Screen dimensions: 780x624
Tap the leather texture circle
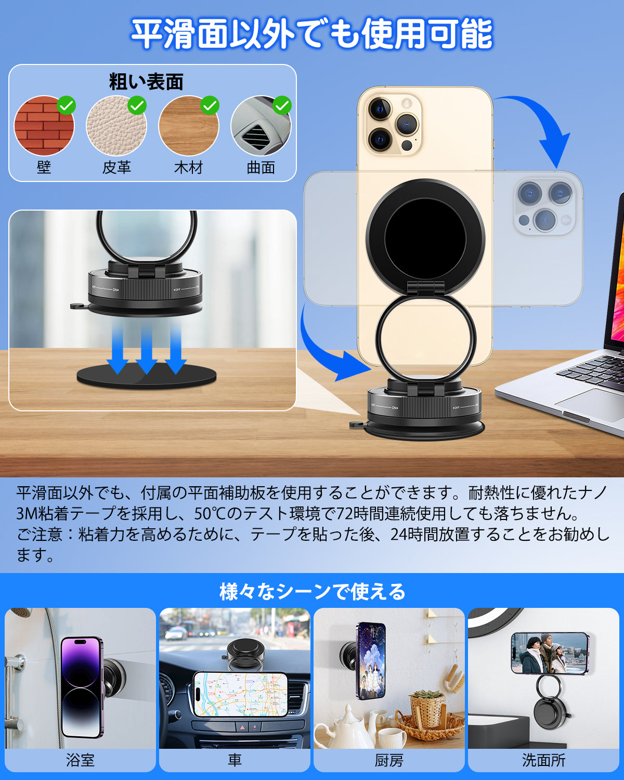116,126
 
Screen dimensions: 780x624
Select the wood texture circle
188,126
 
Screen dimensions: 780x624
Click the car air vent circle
261,126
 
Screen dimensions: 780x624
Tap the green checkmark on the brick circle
67,106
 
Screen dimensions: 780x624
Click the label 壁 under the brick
44,167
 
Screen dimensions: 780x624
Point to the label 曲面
261,167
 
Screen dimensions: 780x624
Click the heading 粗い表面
146,82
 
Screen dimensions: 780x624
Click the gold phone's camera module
391,124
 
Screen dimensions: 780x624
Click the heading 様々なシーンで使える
312,592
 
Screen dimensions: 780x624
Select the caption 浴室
80,760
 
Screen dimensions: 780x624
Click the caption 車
235,760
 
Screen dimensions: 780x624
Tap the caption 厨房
389,760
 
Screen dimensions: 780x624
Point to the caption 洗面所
543,760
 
